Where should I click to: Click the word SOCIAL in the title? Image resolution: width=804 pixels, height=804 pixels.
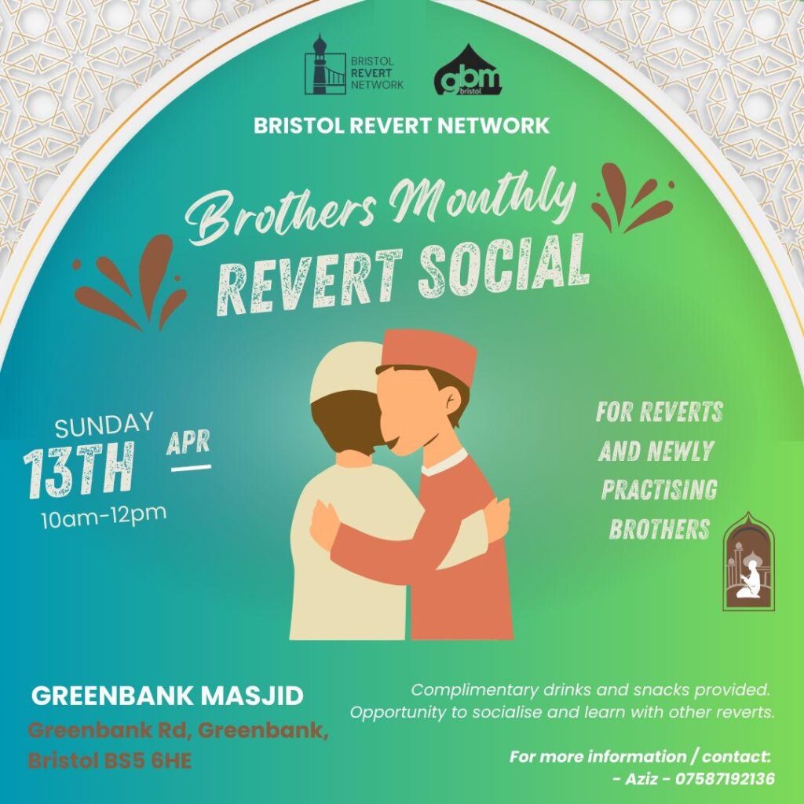[x=503, y=269]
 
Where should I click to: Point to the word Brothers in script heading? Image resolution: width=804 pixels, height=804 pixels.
[x=281, y=214]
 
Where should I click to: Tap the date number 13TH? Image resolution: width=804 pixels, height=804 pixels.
[x=79, y=470]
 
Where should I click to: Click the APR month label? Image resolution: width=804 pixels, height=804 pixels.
[x=188, y=443]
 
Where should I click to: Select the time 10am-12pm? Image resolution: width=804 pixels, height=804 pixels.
[x=104, y=517]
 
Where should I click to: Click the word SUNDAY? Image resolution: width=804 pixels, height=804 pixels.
[x=104, y=425]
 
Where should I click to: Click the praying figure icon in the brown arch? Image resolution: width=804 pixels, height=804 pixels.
[x=748, y=580]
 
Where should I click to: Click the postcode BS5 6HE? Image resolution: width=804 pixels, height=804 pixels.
[x=148, y=761]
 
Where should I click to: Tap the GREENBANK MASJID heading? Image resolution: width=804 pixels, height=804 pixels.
[x=168, y=696]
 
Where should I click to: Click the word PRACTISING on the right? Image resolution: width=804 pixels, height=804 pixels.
[x=659, y=490]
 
